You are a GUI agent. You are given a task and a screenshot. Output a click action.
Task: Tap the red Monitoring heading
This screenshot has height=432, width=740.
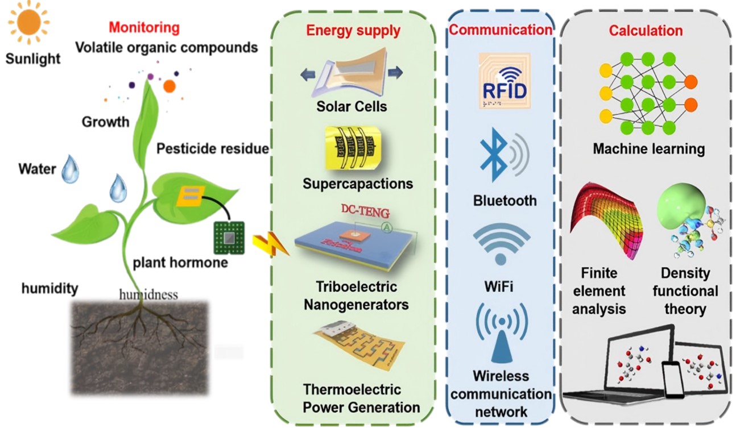[x=144, y=27]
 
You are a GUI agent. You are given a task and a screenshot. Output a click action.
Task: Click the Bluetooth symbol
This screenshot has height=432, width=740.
[x=493, y=153]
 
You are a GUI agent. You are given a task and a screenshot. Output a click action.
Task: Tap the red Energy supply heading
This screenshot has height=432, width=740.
[x=353, y=30]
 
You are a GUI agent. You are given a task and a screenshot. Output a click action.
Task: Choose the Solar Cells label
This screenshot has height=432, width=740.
[x=352, y=106]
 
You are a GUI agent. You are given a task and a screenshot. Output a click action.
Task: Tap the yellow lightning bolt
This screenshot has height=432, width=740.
[x=264, y=245]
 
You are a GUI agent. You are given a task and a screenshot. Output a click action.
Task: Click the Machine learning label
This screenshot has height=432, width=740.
[x=648, y=149]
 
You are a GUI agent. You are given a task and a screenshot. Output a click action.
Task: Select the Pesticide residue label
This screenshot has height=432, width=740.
[x=212, y=149]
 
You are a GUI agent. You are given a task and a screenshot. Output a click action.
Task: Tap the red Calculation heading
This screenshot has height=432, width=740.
[x=646, y=30]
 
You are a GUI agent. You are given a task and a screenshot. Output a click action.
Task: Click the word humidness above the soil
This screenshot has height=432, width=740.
[x=148, y=294]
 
